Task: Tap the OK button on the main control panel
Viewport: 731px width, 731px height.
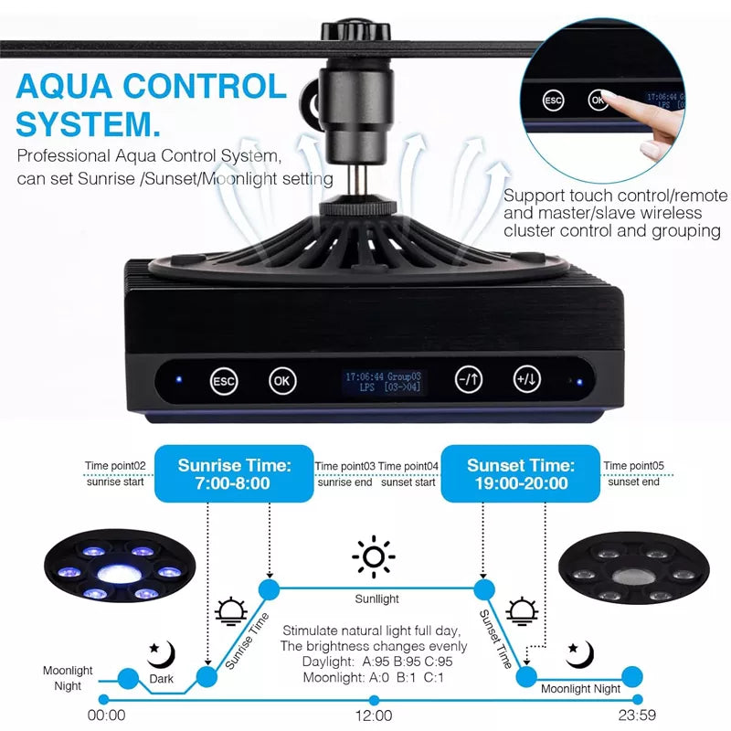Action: [282, 381]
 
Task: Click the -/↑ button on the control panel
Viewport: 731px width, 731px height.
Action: [468, 379]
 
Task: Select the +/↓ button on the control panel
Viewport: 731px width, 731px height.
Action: [527, 379]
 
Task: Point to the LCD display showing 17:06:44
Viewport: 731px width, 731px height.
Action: [383, 381]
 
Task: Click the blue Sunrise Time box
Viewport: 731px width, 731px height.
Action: [234, 473]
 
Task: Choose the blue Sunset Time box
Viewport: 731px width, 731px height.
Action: [520, 473]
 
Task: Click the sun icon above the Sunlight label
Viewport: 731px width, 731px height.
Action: [374, 556]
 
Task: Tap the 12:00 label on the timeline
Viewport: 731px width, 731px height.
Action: [374, 715]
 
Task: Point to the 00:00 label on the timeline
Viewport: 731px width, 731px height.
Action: [106, 715]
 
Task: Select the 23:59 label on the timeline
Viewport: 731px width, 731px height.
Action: [637, 715]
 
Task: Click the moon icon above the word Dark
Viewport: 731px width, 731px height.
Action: [162, 654]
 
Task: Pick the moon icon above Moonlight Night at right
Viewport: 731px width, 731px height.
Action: [579, 654]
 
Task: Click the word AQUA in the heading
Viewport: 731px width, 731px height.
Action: [64, 87]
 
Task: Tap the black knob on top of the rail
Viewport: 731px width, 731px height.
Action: [355, 30]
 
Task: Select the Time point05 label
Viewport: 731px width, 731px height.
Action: [633, 466]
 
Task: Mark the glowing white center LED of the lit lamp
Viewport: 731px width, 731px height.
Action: [121, 573]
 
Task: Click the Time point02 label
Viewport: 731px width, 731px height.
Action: [115, 466]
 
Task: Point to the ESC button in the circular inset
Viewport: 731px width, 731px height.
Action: [553, 101]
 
